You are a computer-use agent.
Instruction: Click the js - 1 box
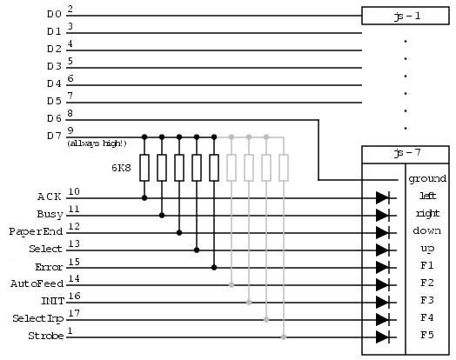click(406, 16)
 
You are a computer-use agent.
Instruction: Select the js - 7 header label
click(407, 153)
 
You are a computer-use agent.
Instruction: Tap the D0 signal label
click(54, 14)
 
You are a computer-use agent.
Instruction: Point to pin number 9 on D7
click(70, 130)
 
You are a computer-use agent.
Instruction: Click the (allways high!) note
click(97, 143)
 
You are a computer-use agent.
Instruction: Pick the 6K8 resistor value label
click(121, 168)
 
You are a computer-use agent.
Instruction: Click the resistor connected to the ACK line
click(144, 168)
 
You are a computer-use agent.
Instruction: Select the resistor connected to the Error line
click(214, 168)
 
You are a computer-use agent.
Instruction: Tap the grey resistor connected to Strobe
click(284, 168)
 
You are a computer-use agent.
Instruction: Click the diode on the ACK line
click(383, 198)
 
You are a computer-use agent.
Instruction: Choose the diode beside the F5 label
click(383, 337)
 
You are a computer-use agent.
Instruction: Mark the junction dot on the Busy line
click(162, 216)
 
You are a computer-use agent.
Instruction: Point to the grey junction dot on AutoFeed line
click(231, 285)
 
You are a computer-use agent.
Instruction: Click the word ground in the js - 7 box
click(427, 178)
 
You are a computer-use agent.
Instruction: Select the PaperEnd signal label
click(36, 231)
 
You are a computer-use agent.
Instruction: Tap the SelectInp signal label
click(37, 319)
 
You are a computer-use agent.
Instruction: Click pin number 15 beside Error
click(74, 262)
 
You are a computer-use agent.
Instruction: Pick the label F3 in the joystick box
click(427, 300)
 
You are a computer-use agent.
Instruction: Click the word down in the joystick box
click(427, 230)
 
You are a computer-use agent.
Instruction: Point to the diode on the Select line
click(383, 250)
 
